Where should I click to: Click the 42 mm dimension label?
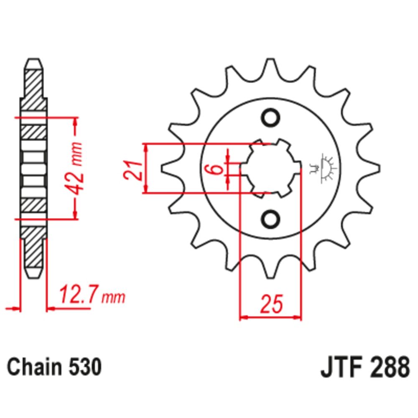tap(75, 168)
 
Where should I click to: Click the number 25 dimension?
tap(271, 304)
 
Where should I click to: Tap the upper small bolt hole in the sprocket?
tap(271, 117)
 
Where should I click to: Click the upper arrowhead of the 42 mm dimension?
tap(76, 121)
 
